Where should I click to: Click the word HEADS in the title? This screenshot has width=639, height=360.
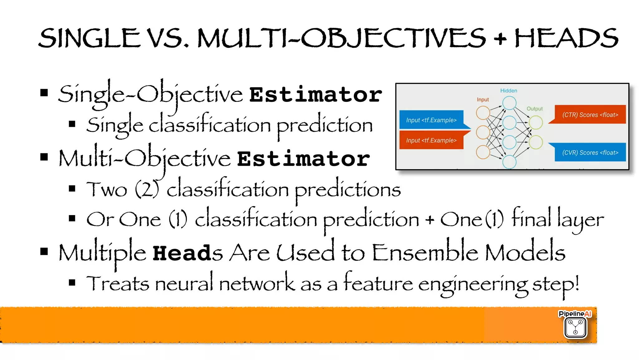point(566,38)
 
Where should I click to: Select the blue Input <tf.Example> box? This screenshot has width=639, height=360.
point(431,120)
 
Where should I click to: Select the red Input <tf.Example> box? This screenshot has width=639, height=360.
point(431,141)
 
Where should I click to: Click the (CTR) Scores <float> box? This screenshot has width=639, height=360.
point(590,115)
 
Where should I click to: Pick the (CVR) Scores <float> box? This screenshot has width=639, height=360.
point(590,152)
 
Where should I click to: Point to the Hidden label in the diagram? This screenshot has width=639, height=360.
point(509,91)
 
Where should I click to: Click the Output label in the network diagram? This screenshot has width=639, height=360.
point(534,109)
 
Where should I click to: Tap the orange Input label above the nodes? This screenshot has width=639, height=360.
point(483,100)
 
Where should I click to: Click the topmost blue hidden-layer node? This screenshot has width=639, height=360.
point(509,103)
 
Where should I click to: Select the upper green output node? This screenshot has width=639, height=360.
point(536,122)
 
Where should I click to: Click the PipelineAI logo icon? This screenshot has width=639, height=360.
point(575,327)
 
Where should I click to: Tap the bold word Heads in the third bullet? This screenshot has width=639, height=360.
point(187,253)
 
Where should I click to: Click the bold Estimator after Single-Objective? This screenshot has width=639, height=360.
point(315,95)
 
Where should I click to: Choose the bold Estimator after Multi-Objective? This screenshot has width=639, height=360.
point(303,159)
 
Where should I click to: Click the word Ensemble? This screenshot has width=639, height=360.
point(425,252)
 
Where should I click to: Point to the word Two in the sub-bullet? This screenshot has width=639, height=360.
point(107,189)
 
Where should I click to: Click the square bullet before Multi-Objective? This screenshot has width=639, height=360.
point(44,157)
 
